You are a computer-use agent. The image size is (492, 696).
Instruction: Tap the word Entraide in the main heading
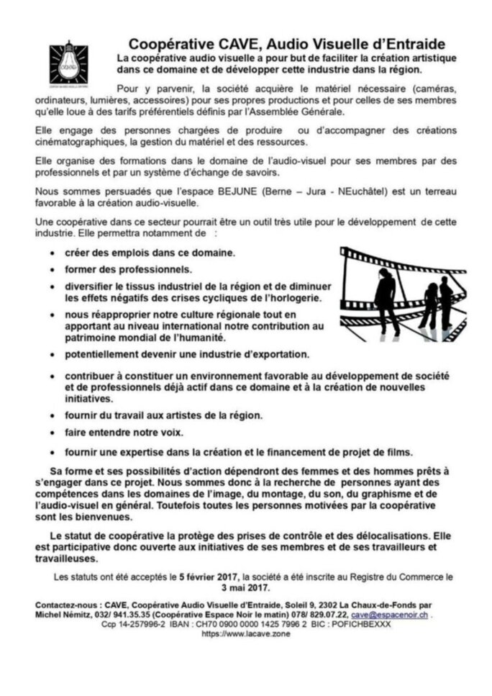coord(406,45)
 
